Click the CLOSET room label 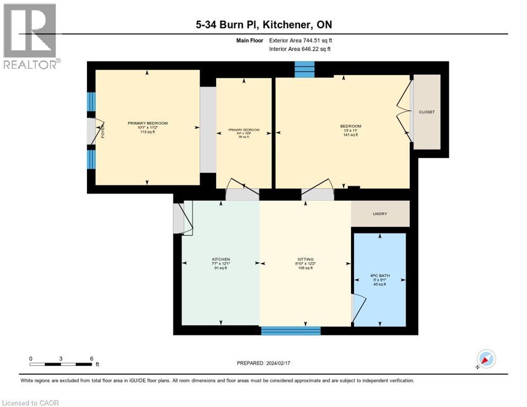426,112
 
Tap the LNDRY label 380,214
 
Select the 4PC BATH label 379,276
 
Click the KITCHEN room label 221,260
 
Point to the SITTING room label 304,260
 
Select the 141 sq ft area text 350,135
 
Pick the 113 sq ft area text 147,132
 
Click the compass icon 486,359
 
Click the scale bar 61,364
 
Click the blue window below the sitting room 291,331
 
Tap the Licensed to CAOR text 31,403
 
